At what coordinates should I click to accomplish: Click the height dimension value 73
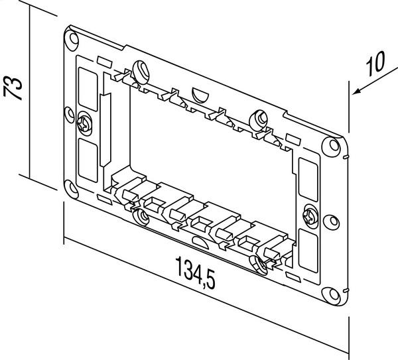point(15,87)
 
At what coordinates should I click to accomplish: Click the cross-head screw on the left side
point(85,123)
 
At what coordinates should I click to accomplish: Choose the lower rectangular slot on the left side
point(86,158)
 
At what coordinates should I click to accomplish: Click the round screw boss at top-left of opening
point(140,69)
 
